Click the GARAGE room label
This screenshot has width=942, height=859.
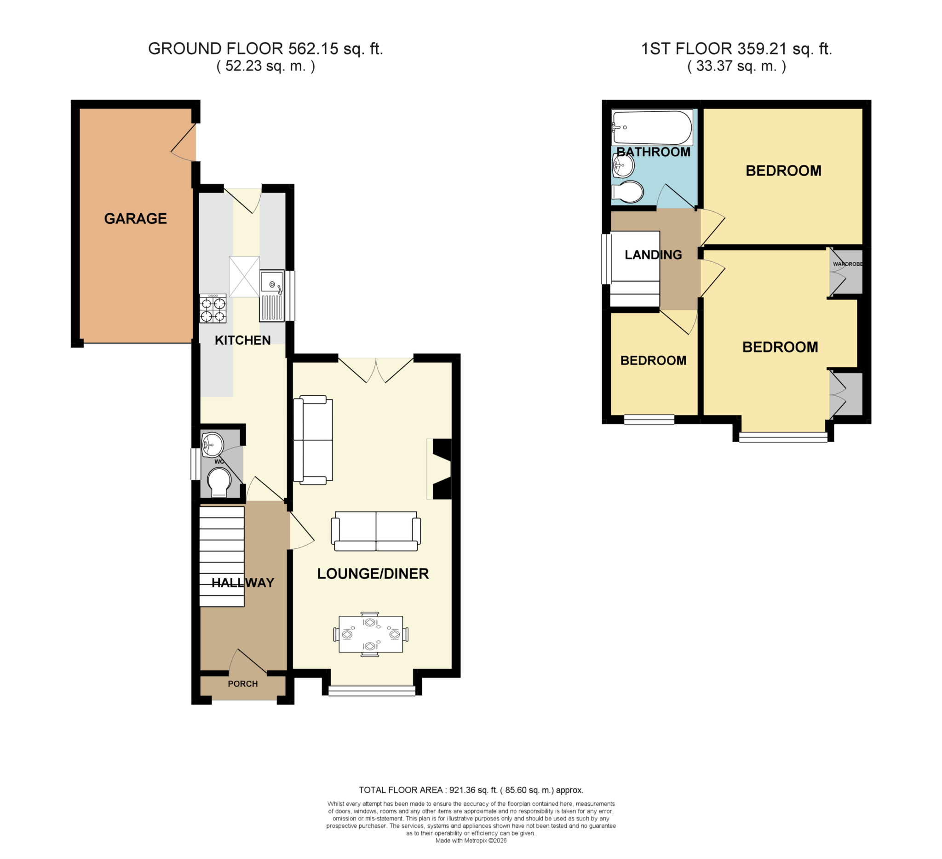pyautogui.click(x=136, y=218)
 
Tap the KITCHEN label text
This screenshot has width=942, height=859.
pyautogui.click(x=242, y=340)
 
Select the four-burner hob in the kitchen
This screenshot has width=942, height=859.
pyautogui.click(x=213, y=308)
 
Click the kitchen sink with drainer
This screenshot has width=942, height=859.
pyautogui.click(x=272, y=296)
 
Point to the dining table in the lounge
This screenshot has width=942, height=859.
pyautogui.click(x=371, y=634)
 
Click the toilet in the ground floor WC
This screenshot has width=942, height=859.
pyautogui.click(x=219, y=483)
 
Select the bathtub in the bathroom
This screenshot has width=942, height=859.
pyautogui.click(x=652, y=128)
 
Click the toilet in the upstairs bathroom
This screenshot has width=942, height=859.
pyautogui.click(x=627, y=192)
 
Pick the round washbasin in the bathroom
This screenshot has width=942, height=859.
pyautogui.click(x=622, y=165)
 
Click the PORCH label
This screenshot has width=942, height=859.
pyautogui.click(x=243, y=684)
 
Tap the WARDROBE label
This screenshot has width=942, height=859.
pyautogui.click(x=848, y=264)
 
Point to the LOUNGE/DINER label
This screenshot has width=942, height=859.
pyautogui.click(x=373, y=574)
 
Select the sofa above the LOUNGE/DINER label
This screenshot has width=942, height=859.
pyautogui.click(x=376, y=531)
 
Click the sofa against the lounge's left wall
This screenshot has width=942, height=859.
pyautogui.click(x=313, y=440)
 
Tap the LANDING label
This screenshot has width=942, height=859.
pyautogui.click(x=653, y=255)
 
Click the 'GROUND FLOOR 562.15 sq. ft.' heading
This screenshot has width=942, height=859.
pyautogui.click(x=265, y=49)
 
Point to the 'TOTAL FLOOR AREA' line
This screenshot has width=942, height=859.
pyautogui.click(x=471, y=791)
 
